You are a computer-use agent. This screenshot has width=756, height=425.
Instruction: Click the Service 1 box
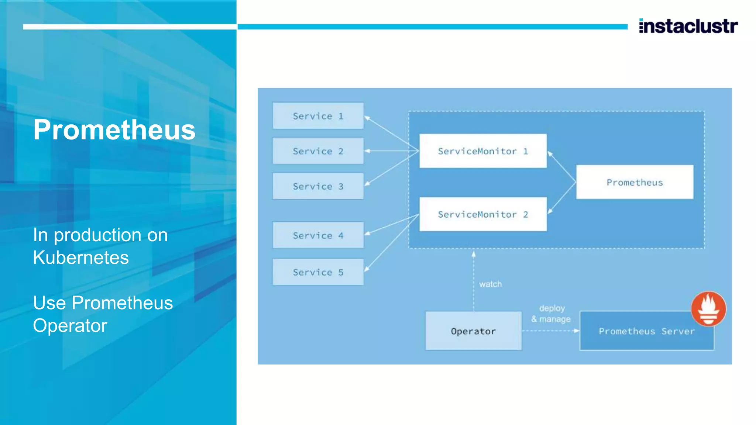(x=318, y=116)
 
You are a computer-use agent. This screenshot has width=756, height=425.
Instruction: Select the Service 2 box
(x=318, y=151)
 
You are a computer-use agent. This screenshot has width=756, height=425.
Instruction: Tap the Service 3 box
(x=318, y=186)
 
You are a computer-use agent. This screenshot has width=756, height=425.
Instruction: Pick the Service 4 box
(x=318, y=235)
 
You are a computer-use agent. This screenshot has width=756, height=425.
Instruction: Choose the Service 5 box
(x=318, y=272)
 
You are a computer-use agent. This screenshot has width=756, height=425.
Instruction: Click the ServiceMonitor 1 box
(x=483, y=151)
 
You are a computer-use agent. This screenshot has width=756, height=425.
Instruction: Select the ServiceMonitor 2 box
(x=483, y=214)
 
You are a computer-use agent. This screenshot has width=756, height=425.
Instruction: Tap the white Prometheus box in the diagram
(x=635, y=182)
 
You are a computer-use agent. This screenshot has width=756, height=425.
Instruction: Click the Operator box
(x=473, y=331)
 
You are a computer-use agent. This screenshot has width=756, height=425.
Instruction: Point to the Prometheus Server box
(x=646, y=331)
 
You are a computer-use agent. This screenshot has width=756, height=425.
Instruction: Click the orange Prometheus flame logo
(x=708, y=309)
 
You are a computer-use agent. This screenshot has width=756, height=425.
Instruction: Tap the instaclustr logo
(x=688, y=26)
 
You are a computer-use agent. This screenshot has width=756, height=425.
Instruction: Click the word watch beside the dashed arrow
(x=490, y=284)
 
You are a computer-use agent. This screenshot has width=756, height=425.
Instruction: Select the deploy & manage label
(x=551, y=314)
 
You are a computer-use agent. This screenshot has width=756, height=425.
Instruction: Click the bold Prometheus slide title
(x=114, y=130)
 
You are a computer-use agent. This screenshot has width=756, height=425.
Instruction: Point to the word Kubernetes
(x=81, y=258)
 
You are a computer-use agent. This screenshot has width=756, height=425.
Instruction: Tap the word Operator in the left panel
(x=70, y=325)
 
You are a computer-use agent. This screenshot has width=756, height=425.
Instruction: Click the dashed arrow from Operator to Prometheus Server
(x=550, y=331)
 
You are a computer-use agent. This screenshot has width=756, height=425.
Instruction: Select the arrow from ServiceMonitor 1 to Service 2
(x=391, y=151)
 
